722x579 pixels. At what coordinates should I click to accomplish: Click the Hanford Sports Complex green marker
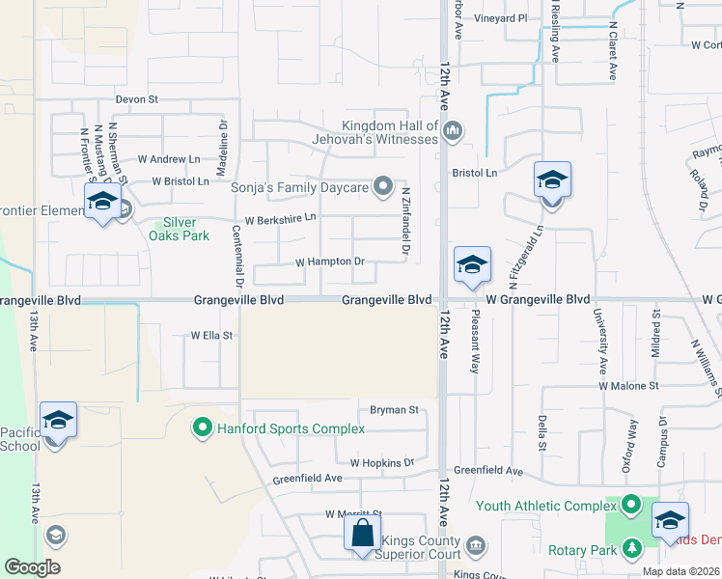click(203, 426)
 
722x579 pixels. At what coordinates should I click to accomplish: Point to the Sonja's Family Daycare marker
click(383, 185)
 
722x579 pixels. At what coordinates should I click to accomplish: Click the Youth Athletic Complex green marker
click(630, 504)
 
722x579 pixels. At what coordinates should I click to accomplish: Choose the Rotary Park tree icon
click(631, 549)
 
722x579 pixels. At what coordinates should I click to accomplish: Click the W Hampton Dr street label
click(329, 262)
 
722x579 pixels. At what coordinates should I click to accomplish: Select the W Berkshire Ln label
click(280, 219)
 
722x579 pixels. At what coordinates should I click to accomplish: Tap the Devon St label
click(136, 98)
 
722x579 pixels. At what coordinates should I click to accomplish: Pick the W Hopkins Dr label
click(381, 463)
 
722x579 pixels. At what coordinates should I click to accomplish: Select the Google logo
click(33, 567)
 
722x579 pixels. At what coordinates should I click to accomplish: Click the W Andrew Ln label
click(169, 158)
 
